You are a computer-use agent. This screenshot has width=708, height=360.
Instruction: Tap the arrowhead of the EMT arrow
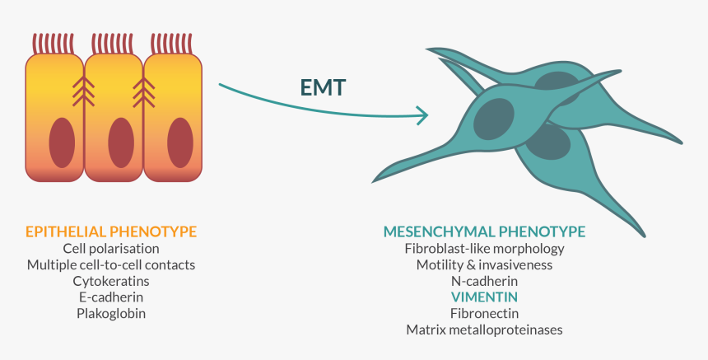[x=424, y=115]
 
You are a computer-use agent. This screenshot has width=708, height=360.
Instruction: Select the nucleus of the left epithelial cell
[x=61, y=143]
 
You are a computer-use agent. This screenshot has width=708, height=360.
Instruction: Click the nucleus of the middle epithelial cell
[x=120, y=143]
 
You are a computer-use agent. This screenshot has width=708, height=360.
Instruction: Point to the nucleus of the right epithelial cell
[x=179, y=143]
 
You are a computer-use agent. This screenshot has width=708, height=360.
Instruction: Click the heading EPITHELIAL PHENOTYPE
[x=111, y=231]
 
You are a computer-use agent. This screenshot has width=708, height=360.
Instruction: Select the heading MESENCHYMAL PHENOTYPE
[x=484, y=231]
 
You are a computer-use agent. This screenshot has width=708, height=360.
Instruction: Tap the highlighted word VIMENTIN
[x=484, y=297]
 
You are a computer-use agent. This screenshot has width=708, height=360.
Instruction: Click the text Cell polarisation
[x=111, y=248]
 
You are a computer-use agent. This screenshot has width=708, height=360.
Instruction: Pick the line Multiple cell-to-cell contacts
[x=111, y=264]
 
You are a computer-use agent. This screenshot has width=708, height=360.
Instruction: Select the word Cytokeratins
[x=111, y=281]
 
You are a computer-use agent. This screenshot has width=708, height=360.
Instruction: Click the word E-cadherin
[x=111, y=297]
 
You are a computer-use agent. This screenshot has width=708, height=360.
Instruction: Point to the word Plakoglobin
[x=111, y=314]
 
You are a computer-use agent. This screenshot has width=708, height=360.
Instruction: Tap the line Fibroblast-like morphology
[x=484, y=248]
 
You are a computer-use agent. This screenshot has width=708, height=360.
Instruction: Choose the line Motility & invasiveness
[x=484, y=264]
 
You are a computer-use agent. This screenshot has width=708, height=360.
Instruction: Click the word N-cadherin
[x=484, y=281]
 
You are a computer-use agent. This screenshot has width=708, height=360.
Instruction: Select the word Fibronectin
[x=484, y=314]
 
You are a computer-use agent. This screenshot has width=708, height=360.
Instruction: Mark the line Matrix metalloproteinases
[x=484, y=330]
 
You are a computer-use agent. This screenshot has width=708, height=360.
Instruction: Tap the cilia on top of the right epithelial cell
[x=173, y=43]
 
